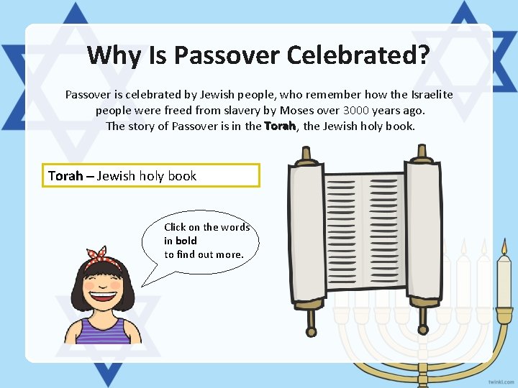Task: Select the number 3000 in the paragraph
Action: point(359,111)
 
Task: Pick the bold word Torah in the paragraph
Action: point(280,126)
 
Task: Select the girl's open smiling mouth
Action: point(105,293)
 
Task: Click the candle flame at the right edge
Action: point(504,249)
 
